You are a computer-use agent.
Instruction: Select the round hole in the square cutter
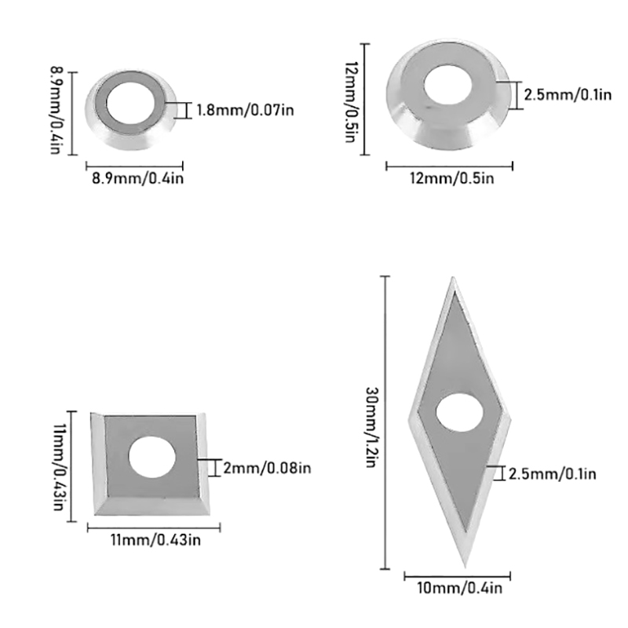152,457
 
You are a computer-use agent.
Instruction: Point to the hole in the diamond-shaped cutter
459,413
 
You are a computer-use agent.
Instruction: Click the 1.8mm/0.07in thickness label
245,110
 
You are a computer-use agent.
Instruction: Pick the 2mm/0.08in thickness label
267,468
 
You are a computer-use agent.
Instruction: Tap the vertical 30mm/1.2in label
372,427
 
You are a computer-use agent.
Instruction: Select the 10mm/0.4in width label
459,588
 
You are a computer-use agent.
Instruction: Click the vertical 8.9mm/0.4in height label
56,110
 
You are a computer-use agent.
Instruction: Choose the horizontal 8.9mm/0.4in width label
138,178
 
